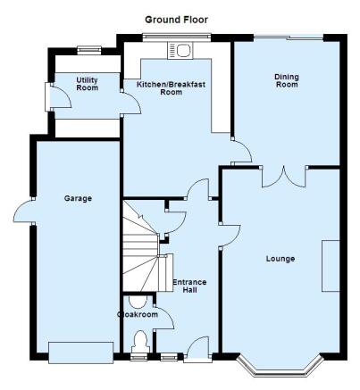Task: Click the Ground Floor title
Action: coord(176,20)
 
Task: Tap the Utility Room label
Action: coord(87,84)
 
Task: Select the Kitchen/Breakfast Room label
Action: coord(171,88)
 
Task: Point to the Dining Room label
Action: coord(287,80)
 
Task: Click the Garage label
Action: coord(78,198)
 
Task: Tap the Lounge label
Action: coord(280,259)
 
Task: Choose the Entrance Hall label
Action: coord(189,286)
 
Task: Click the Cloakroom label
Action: coord(138,314)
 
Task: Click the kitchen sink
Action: coord(180,51)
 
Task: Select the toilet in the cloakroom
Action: coord(140,342)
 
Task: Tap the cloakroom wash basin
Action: coord(138,302)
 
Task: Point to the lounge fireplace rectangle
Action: coord(331,266)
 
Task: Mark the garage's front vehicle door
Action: coord(81,353)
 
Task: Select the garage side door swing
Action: coord(23,211)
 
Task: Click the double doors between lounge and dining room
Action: coord(283,177)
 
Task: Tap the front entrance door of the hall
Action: coord(197,349)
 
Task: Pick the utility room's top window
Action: coord(89,51)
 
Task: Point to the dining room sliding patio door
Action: coord(289,37)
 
